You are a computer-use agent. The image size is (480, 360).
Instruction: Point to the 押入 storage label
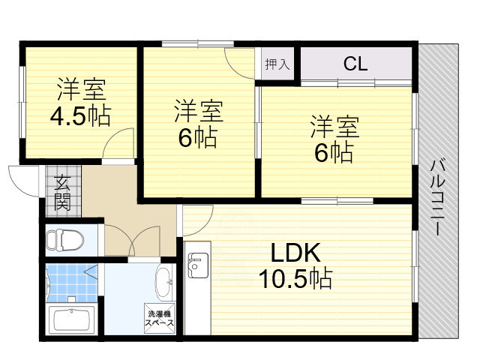tap(277, 64)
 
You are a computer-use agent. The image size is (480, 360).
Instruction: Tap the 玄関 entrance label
tap(61, 191)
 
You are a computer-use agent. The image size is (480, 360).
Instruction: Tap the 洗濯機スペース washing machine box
tap(160, 318)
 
